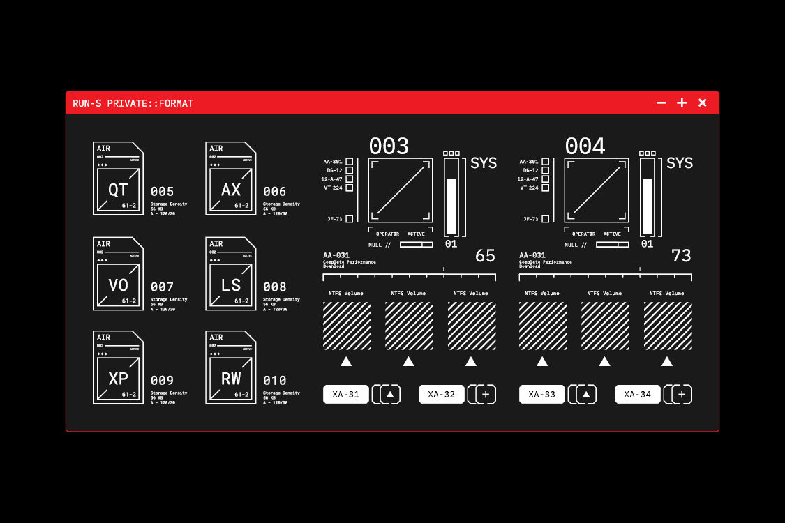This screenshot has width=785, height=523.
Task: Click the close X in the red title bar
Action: tap(702, 103)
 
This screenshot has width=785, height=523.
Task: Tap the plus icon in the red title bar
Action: tap(682, 103)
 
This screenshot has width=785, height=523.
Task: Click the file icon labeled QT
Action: tap(118, 179)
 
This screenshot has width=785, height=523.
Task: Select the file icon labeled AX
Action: tap(230, 179)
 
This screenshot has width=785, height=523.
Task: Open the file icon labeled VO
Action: tap(118, 274)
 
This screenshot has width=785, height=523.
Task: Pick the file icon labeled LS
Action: tap(230, 274)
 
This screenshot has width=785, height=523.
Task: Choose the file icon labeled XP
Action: tap(118, 367)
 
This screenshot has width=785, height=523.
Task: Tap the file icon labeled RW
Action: tap(230, 367)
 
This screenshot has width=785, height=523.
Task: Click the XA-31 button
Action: tap(346, 395)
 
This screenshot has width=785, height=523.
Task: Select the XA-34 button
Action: tap(638, 395)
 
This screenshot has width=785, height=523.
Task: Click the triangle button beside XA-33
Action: tap(586, 395)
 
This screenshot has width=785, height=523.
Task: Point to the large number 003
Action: tap(389, 146)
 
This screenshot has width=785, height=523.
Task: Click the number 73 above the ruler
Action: tap(681, 256)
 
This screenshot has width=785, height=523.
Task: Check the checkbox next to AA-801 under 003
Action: tap(350, 162)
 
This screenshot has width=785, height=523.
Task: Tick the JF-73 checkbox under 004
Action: tap(546, 219)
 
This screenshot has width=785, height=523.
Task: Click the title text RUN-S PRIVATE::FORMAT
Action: tap(133, 103)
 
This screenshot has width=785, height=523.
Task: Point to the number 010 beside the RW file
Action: tap(275, 381)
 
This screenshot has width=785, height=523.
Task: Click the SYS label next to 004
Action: tap(680, 163)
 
